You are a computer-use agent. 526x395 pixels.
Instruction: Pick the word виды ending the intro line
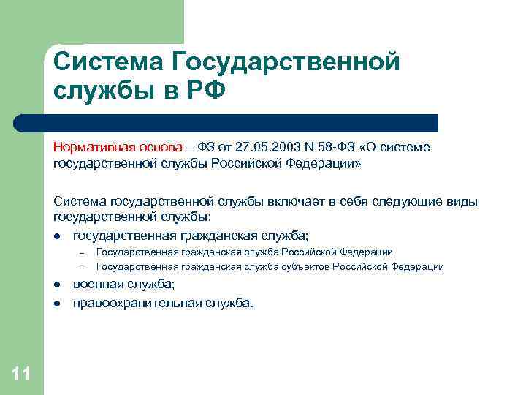tap(461, 201)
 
